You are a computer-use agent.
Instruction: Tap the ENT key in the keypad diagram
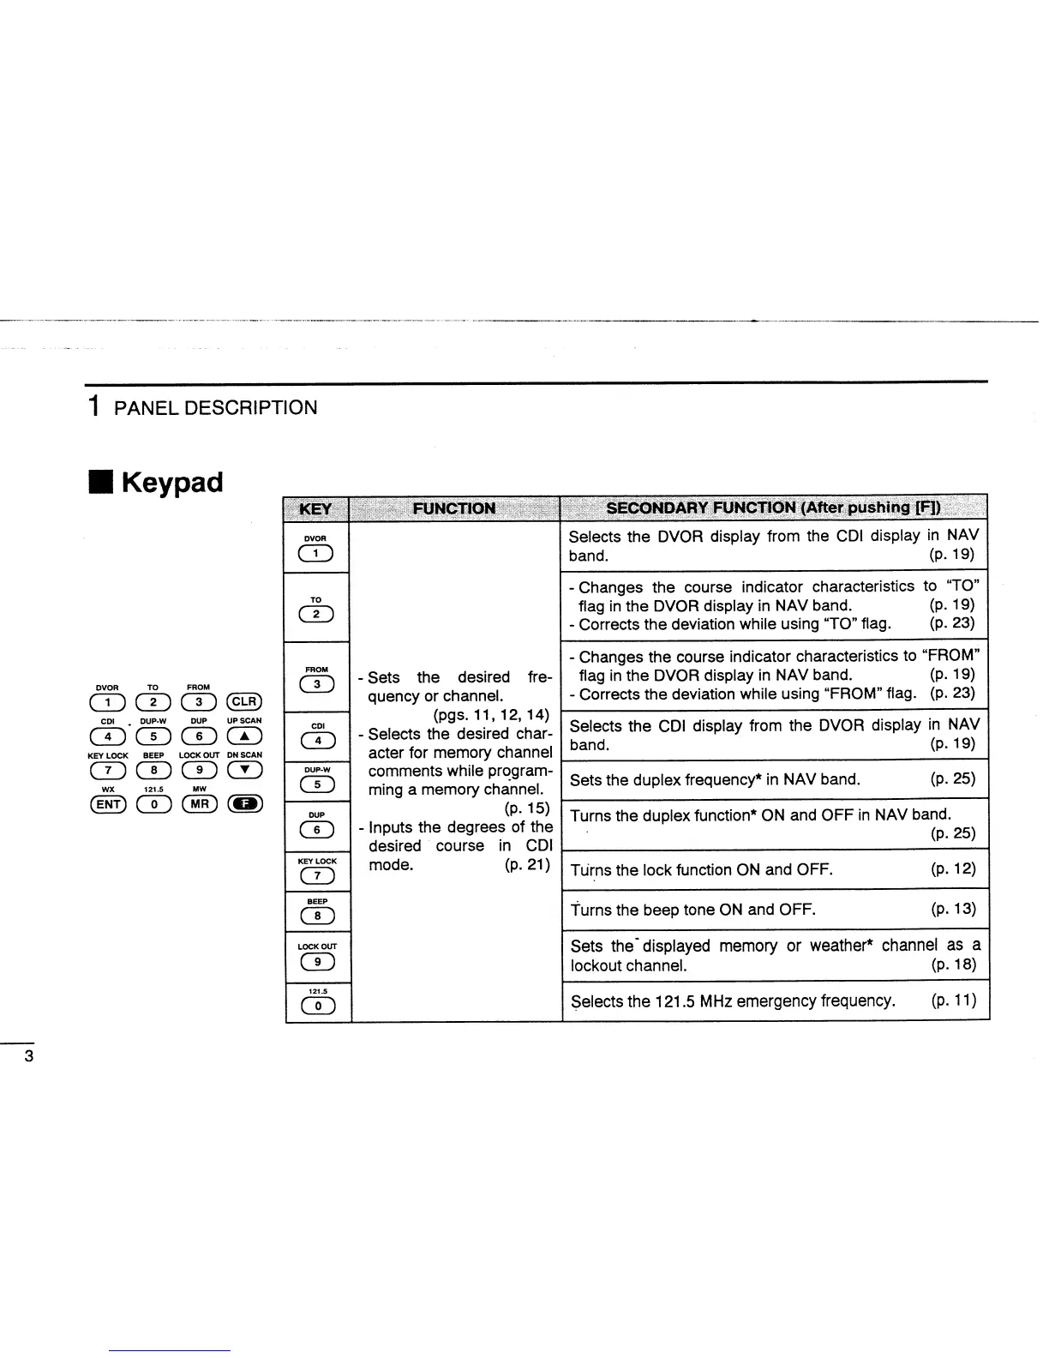point(108,803)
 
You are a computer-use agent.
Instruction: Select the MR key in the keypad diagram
point(200,803)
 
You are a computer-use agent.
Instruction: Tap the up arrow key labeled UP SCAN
point(244,736)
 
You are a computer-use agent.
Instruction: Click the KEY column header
point(316,508)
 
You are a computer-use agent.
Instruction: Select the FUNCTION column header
point(454,508)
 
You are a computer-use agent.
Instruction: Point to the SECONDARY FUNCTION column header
point(773,508)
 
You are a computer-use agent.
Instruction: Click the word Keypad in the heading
point(171,482)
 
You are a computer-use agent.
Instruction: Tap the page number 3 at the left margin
point(28,1056)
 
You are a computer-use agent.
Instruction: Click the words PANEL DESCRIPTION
point(215,408)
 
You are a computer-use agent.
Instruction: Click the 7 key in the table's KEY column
point(317,875)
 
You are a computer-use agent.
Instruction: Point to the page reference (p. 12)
point(953,869)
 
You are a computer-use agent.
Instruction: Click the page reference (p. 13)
point(953,909)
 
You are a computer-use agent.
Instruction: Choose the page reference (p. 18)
point(953,964)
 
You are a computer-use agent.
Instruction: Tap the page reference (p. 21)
point(527,864)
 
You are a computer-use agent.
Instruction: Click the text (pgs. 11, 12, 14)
point(486,715)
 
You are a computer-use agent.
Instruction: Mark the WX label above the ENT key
point(108,789)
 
